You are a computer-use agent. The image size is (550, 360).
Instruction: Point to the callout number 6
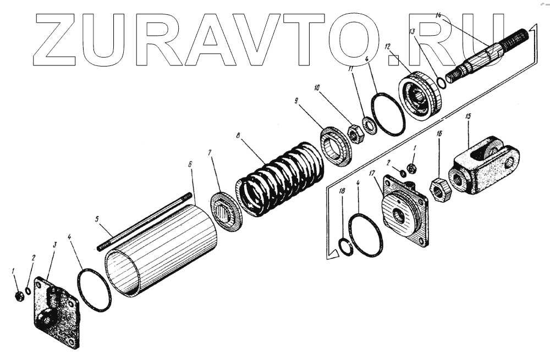(x=190, y=164)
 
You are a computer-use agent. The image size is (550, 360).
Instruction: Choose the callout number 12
(x=388, y=47)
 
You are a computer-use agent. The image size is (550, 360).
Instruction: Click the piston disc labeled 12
(x=421, y=96)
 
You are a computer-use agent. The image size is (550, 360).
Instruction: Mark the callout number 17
(x=372, y=174)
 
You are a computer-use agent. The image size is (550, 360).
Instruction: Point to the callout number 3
(x=54, y=243)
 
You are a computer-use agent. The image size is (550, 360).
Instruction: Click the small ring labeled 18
(x=345, y=247)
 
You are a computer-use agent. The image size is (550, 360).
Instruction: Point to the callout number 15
(x=468, y=117)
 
